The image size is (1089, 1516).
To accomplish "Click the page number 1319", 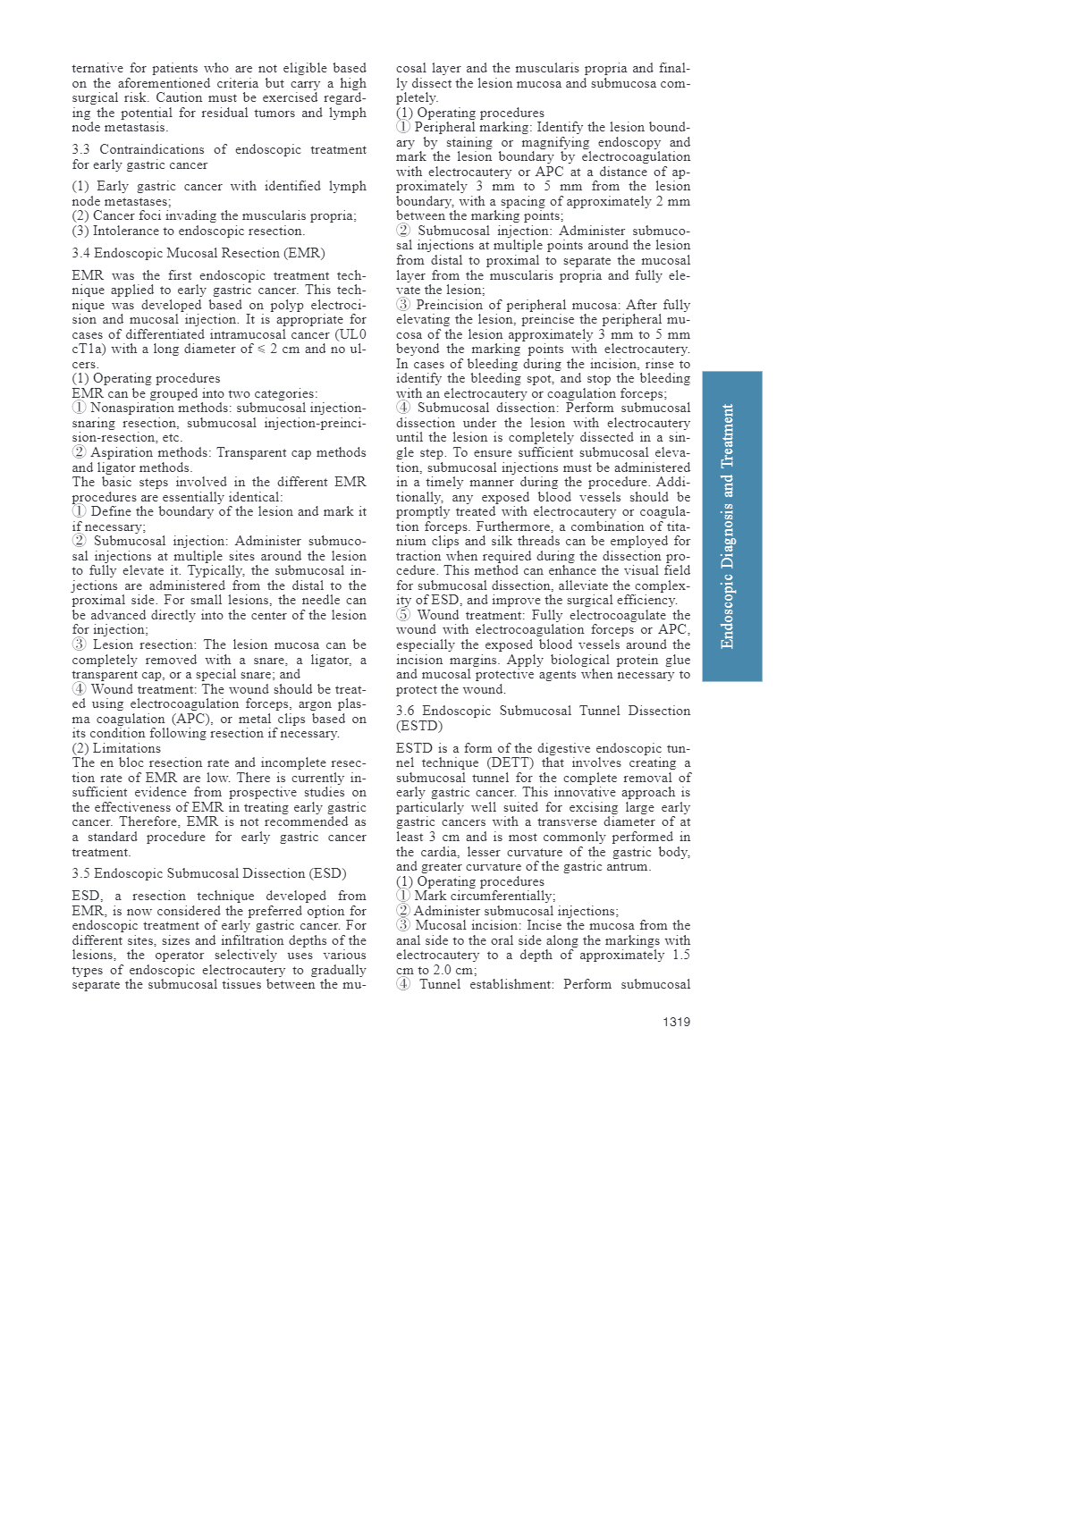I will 676,1022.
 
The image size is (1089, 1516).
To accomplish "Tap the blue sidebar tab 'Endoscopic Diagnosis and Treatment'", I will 731,526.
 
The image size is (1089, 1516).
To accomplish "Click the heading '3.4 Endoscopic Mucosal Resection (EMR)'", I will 198,253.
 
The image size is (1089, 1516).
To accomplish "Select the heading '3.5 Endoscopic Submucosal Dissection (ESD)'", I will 209,873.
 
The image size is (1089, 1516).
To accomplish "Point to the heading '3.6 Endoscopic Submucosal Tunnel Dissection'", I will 543,711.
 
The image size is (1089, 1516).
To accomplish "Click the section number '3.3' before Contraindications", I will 81,149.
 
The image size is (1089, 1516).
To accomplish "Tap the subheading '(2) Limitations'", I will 116,748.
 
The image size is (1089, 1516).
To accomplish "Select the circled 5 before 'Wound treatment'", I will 403,615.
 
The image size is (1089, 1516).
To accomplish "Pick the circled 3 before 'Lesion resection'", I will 80,644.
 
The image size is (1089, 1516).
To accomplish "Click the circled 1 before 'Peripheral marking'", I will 403,127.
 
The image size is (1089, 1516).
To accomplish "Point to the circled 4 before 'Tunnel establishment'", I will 403,984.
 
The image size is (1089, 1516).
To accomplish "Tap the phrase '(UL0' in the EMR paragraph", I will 350,334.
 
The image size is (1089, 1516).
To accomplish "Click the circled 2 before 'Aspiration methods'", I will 80,452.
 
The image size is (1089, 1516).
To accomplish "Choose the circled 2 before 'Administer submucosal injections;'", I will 403,911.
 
